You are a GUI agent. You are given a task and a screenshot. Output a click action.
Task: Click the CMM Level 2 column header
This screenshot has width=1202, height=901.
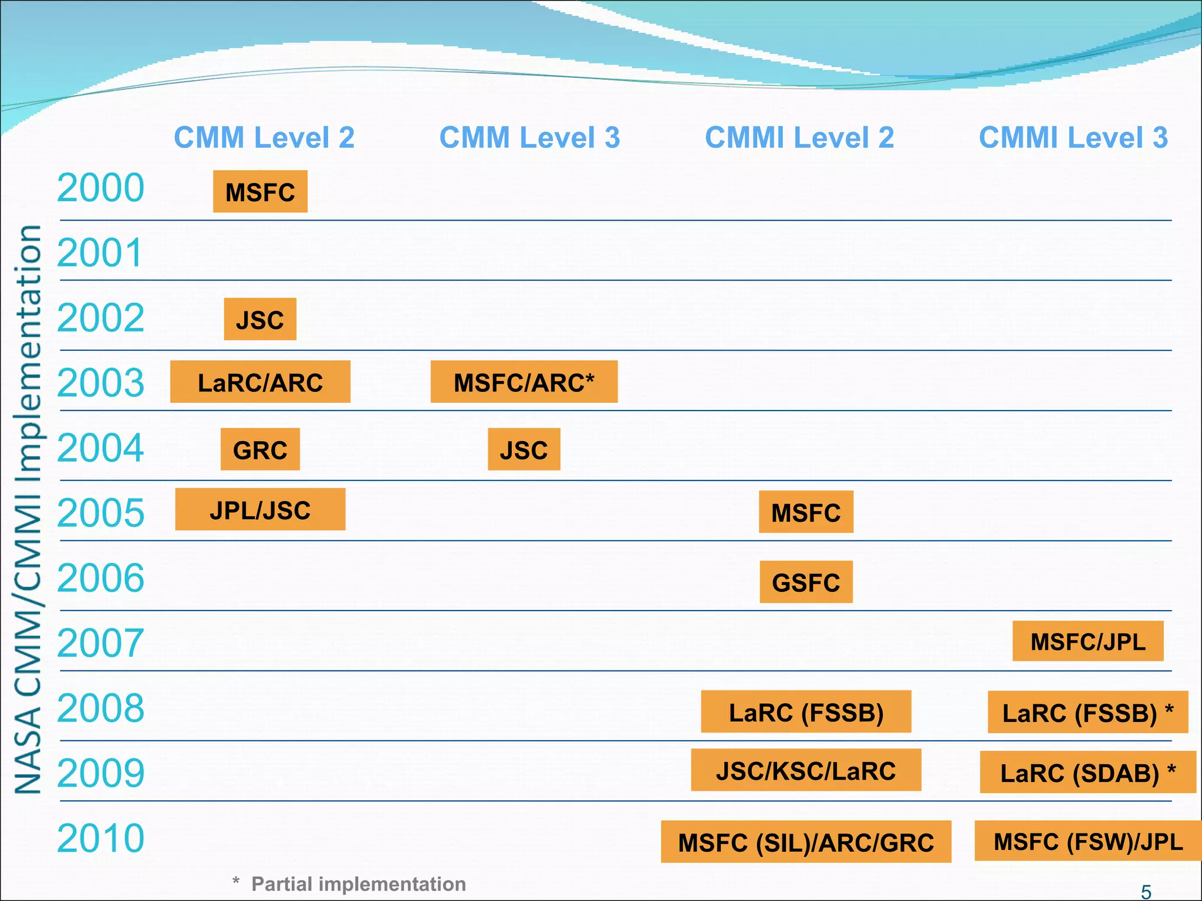coord(264,138)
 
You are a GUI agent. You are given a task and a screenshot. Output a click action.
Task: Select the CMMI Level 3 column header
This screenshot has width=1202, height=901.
coord(1073,138)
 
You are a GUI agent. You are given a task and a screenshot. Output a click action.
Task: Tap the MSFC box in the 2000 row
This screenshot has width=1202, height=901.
coord(260,192)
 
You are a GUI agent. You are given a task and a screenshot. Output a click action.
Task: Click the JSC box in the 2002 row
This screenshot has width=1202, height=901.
coord(260,320)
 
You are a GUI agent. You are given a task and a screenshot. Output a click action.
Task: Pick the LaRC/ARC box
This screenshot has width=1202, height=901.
coord(260,382)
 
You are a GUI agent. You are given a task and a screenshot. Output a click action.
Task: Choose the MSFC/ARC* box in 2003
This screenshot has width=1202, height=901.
coord(524,382)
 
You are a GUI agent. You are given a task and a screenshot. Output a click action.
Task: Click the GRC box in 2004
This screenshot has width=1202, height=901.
coord(260,449)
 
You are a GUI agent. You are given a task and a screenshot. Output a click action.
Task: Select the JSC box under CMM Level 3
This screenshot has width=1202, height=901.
coord(524,449)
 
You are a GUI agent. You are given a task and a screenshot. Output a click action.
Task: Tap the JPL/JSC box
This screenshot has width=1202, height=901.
coord(260,510)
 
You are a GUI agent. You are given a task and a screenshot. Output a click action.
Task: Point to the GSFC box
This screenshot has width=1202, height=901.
coord(806,582)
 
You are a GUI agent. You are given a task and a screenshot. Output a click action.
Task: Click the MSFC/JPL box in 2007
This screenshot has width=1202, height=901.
coord(1088,641)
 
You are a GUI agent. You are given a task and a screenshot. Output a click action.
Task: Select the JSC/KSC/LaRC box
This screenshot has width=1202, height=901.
coord(806,770)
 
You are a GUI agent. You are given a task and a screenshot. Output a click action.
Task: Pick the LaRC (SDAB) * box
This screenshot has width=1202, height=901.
coord(1088,772)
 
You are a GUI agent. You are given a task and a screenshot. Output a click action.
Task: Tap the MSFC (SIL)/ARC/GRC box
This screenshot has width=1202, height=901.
coord(806,842)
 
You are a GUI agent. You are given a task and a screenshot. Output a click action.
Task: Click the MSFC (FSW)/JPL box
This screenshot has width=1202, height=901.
coord(1088,841)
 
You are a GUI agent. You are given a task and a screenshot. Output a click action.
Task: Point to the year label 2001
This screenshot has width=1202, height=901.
coord(100,253)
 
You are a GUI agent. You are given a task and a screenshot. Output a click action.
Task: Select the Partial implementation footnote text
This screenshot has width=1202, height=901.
coord(358,884)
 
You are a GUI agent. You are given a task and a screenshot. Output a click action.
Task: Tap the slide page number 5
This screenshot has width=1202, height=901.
coord(1146,892)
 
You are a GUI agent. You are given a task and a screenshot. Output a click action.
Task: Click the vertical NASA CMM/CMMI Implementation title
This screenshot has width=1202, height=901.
coord(28,509)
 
